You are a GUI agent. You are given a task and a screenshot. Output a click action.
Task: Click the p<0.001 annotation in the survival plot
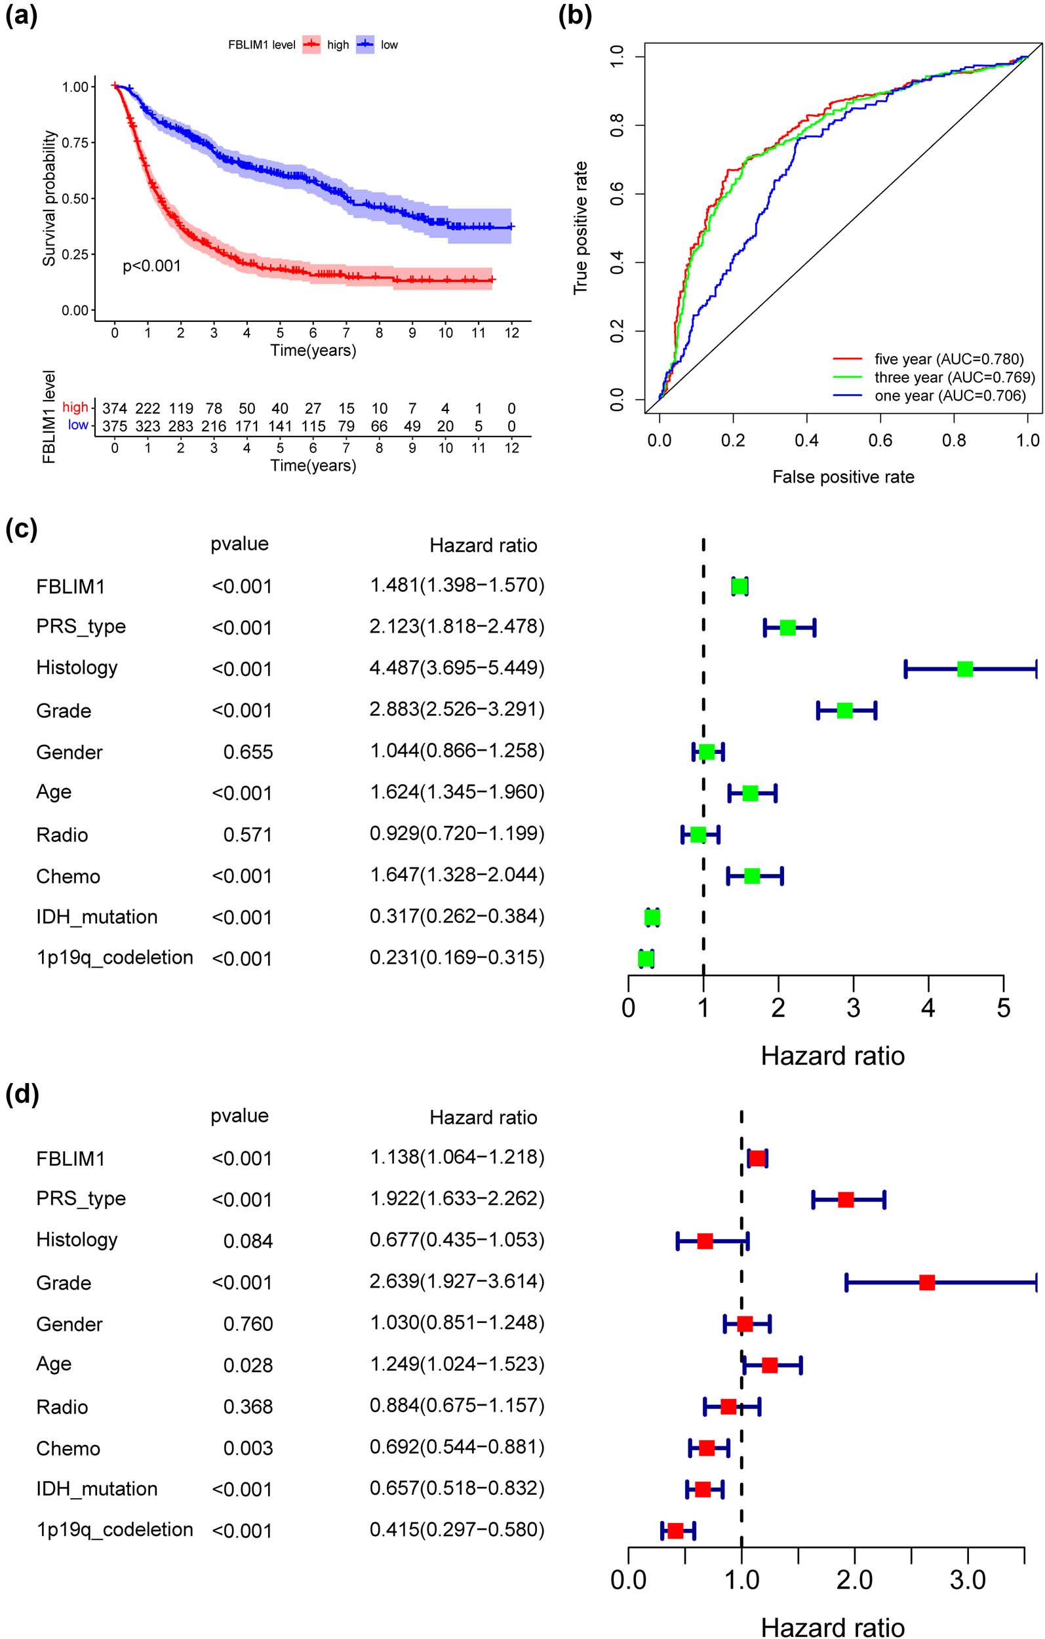[152, 266]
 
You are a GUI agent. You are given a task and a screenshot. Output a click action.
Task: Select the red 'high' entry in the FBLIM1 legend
[337, 45]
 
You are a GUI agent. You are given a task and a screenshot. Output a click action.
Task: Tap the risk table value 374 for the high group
[114, 408]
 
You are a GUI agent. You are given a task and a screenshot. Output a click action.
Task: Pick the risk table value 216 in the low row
[214, 426]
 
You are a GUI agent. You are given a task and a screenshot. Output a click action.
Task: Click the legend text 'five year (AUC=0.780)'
[949, 359]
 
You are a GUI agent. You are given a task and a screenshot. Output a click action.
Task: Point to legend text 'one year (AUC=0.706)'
[950, 395]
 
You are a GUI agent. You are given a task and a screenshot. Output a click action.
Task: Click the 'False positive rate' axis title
[843, 477]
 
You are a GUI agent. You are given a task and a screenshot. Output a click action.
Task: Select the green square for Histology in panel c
[964, 669]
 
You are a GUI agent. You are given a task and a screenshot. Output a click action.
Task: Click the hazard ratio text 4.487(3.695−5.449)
[457, 667]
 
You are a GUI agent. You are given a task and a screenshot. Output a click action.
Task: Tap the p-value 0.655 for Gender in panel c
[248, 752]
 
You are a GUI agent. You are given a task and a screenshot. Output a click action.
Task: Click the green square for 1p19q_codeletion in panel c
[646, 959]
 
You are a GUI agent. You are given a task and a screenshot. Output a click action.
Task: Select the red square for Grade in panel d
[926, 1283]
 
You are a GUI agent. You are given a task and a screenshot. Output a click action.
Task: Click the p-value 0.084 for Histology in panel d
[248, 1242]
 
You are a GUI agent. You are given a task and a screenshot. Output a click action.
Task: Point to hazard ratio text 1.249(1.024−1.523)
[457, 1364]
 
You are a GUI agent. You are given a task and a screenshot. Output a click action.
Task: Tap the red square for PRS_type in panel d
[846, 1200]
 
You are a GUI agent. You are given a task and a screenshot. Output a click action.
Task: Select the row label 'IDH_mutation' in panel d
[96, 1489]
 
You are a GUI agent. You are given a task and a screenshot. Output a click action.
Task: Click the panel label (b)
[574, 15]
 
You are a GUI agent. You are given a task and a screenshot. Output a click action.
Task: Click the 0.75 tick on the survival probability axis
[75, 143]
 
